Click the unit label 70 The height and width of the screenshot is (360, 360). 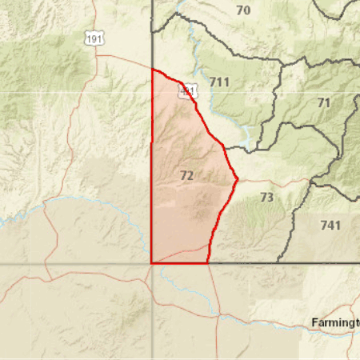(243, 10)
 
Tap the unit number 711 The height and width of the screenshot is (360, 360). (219, 82)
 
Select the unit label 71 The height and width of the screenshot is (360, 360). (323, 103)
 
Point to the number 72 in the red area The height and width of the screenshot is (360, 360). (186, 175)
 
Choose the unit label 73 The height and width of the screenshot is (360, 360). (267, 197)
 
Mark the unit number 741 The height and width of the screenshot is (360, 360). (330, 226)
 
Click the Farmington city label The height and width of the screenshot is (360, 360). (335, 323)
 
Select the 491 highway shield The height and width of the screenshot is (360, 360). (186, 91)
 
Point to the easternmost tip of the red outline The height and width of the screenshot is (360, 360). (238, 178)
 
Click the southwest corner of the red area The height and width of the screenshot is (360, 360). (152, 262)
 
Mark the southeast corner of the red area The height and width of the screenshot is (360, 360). (208, 262)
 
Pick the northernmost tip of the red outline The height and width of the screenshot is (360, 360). (152, 70)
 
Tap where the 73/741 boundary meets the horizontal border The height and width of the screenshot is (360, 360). (278, 262)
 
